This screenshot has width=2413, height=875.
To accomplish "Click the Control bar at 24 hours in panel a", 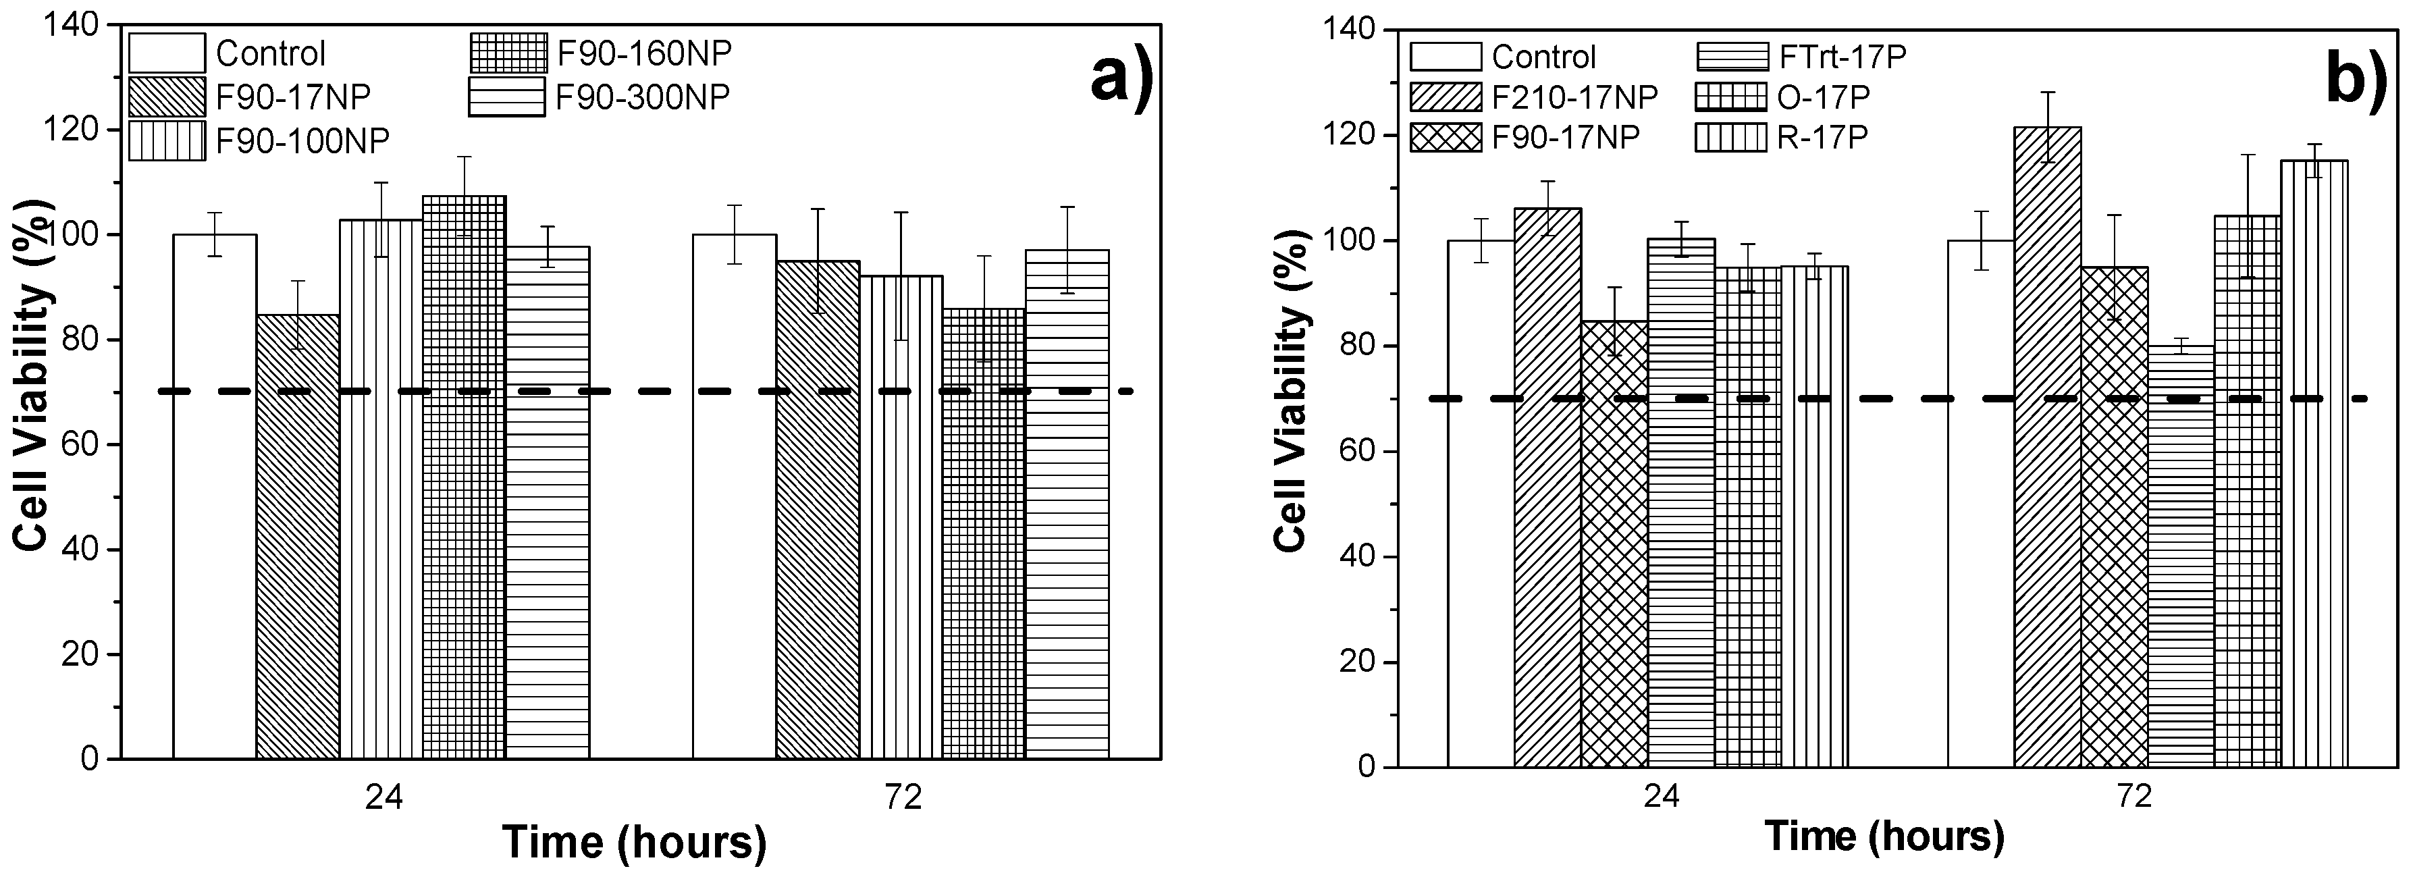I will (215, 496).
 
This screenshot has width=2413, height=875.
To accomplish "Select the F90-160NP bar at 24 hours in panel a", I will (464, 478).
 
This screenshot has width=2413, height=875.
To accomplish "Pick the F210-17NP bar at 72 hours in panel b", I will (2048, 450).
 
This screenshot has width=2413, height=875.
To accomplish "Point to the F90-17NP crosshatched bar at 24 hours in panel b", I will (1614, 543).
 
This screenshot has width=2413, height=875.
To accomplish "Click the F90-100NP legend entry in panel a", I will (259, 140).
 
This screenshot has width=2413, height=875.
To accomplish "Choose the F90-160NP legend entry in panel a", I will (600, 53).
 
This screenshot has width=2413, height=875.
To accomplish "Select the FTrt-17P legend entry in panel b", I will (1801, 57).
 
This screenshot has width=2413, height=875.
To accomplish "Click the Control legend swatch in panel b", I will (1446, 57).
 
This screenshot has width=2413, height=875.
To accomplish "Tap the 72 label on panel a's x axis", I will (902, 797).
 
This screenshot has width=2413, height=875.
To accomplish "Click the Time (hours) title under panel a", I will (634, 841).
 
